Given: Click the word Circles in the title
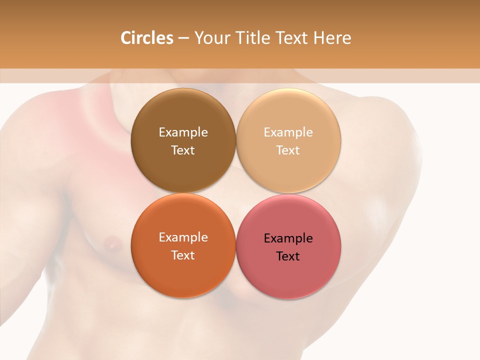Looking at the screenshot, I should [146, 38].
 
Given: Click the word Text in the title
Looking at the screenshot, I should [292, 38].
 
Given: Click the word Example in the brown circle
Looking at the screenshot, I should [183, 132].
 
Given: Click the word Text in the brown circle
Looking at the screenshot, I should [183, 150].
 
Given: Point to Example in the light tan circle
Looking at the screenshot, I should [288, 132].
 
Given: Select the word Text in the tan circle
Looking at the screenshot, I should [288, 150].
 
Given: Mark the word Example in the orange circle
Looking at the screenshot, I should [183, 237].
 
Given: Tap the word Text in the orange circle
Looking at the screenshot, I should [183, 255].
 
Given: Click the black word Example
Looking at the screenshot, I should [288, 238].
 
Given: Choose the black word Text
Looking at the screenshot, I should [288, 256].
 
